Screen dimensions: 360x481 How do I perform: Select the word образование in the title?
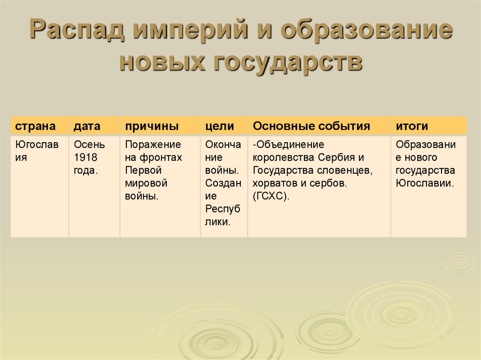click(367, 32)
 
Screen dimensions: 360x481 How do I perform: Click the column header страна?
click(35, 126)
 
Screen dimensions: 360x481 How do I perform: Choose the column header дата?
click(86, 126)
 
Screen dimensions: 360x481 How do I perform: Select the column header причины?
click(151, 126)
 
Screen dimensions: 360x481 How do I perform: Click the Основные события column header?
click(311, 126)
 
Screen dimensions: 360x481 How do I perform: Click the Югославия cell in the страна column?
click(37, 151)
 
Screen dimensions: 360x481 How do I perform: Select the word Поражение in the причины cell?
click(153, 145)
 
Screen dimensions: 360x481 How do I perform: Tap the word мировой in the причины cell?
click(146, 183)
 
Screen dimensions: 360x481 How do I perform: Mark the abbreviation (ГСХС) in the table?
click(271, 196)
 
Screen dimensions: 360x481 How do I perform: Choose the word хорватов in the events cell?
click(272, 183)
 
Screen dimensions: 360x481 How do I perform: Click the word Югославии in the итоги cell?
click(425, 183)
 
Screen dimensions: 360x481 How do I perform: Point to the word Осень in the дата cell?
click(89, 145)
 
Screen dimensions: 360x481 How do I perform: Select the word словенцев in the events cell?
click(346, 170)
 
